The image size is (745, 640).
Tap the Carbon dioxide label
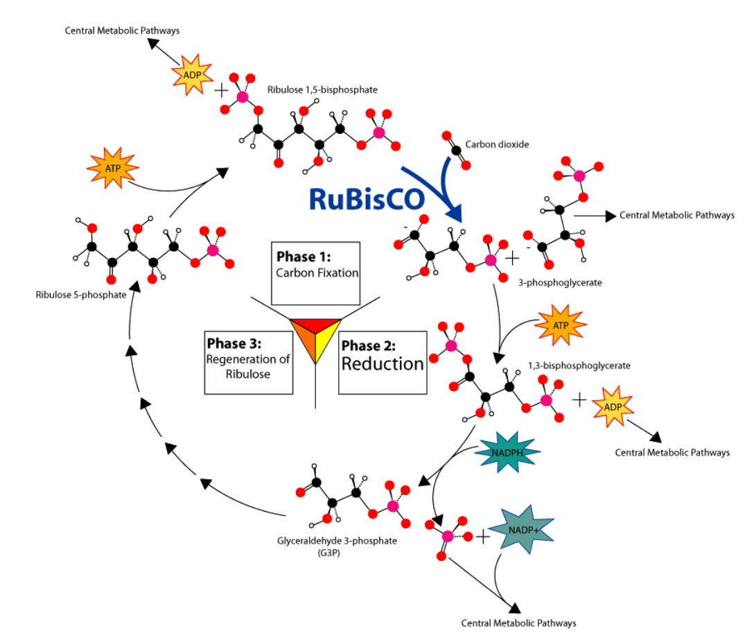click(x=497, y=145)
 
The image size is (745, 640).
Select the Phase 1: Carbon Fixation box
click(x=317, y=273)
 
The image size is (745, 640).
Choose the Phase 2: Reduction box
click(x=382, y=356)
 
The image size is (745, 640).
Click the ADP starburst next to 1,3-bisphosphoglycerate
click(x=612, y=406)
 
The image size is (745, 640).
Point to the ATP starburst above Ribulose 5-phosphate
click(x=112, y=168)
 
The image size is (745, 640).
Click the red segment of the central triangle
click(x=315, y=325)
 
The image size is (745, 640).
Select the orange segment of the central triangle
click(x=304, y=344)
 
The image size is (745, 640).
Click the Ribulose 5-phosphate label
click(x=81, y=295)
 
